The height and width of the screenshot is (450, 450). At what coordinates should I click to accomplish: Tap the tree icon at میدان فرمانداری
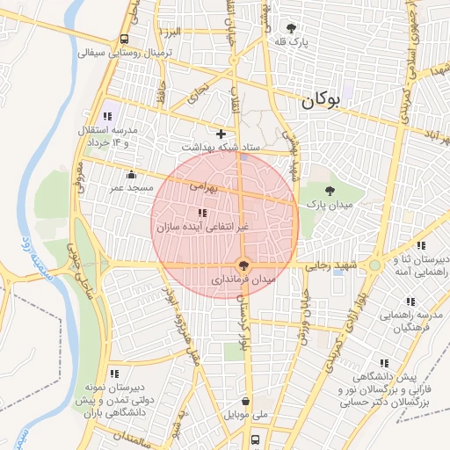click(243, 264)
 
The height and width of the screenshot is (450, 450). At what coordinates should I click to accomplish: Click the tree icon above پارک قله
click(291, 28)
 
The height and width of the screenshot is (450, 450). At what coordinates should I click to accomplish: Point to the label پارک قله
click(292, 42)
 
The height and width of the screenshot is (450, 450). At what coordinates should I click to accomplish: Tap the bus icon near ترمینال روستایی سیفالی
click(125, 39)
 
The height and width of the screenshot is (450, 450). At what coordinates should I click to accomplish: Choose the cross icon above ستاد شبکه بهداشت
click(221, 134)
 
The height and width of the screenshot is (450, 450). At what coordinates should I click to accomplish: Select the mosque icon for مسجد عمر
click(131, 174)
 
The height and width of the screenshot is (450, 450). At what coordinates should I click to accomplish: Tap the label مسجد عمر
click(131, 187)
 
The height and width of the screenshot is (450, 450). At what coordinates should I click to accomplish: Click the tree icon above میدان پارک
click(330, 190)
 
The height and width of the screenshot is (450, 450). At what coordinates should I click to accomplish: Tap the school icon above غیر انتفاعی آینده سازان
click(202, 213)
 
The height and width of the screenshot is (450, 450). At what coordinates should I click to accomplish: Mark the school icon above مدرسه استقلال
click(108, 115)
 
